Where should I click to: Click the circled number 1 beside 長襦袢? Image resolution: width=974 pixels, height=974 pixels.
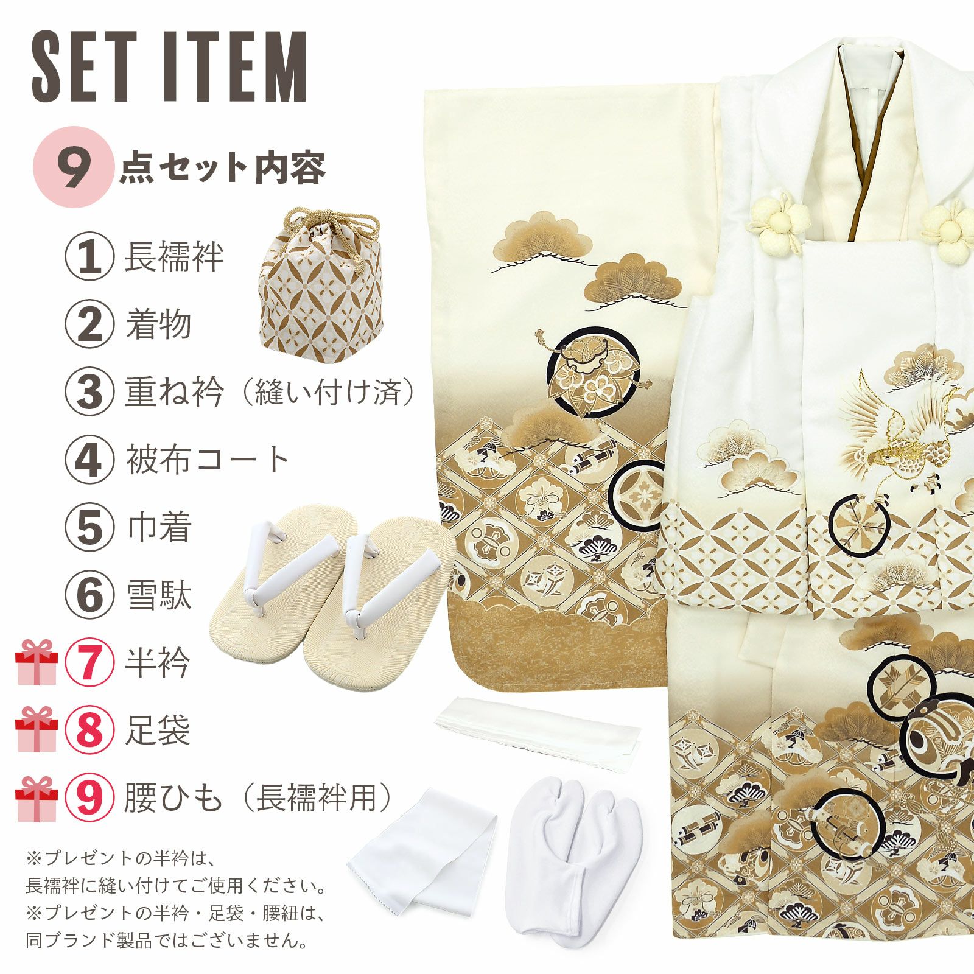tap(89, 257)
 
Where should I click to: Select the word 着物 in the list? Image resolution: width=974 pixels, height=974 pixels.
tap(158, 324)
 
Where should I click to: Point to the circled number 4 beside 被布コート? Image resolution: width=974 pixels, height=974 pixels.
tap(89, 460)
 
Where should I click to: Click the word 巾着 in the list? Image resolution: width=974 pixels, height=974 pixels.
tap(159, 527)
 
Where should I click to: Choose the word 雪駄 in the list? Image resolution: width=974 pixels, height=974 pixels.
tap(158, 595)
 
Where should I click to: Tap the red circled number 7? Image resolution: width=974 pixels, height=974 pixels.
tap(89, 663)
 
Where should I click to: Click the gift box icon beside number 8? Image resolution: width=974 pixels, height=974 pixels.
tap(36, 730)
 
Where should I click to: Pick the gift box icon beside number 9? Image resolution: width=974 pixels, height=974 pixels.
tap(36, 798)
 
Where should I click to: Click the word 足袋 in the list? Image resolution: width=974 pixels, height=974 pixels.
tap(158, 730)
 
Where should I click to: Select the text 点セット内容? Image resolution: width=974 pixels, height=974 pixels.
tap(223, 169)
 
